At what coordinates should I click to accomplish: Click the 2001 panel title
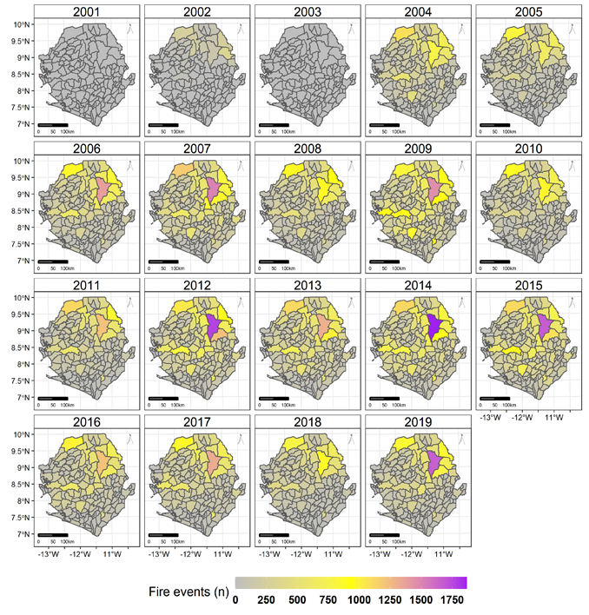(89, 12)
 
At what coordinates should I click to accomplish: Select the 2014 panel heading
(416, 285)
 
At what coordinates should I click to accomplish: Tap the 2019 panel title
(416, 422)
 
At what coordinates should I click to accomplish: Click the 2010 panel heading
(526, 149)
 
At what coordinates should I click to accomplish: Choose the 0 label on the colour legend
(236, 599)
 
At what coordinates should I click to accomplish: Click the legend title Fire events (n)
(182, 592)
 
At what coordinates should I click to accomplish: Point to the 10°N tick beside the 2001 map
(23, 23)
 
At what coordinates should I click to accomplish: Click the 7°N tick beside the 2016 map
(25, 534)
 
